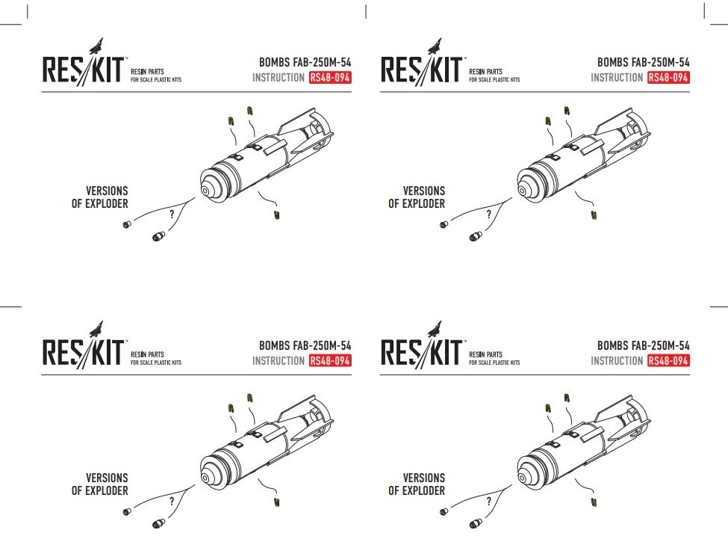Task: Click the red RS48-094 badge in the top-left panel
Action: tap(329, 78)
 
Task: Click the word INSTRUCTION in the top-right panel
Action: tap(617, 78)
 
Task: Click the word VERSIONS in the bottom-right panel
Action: tap(423, 478)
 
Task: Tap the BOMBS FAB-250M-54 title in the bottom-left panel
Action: tap(305, 346)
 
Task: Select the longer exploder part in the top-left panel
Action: tap(158, 237)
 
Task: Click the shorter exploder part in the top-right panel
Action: tap(444, 224)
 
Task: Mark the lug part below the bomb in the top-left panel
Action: tap(276, 215)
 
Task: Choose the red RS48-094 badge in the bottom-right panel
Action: tap(668, 361)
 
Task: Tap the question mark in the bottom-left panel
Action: tap(172, 501)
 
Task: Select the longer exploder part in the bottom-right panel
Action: tap(473, 523)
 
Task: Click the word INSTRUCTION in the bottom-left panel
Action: tap(278, 361)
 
